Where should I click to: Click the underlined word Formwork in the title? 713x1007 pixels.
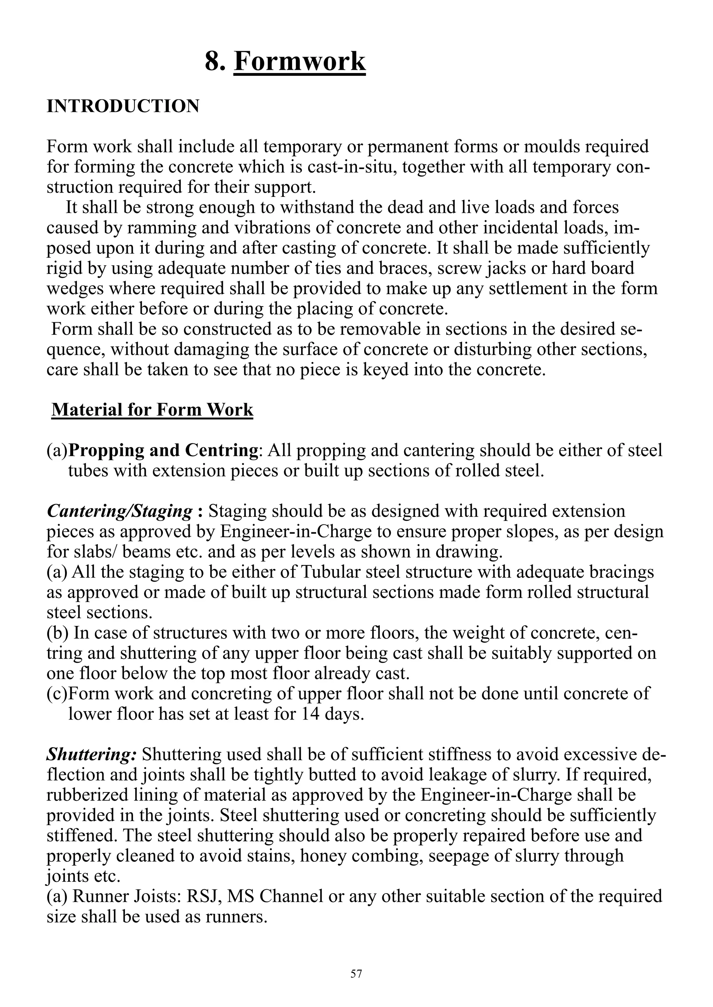(300, 62)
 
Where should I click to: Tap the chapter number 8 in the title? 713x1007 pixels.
(214, 62)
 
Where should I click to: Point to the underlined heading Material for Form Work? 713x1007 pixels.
(152, 410)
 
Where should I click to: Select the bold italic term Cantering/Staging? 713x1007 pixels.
(119, 511)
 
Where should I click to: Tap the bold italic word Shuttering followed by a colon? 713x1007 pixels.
(92, 754)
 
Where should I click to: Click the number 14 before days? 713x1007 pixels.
(311, 714)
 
